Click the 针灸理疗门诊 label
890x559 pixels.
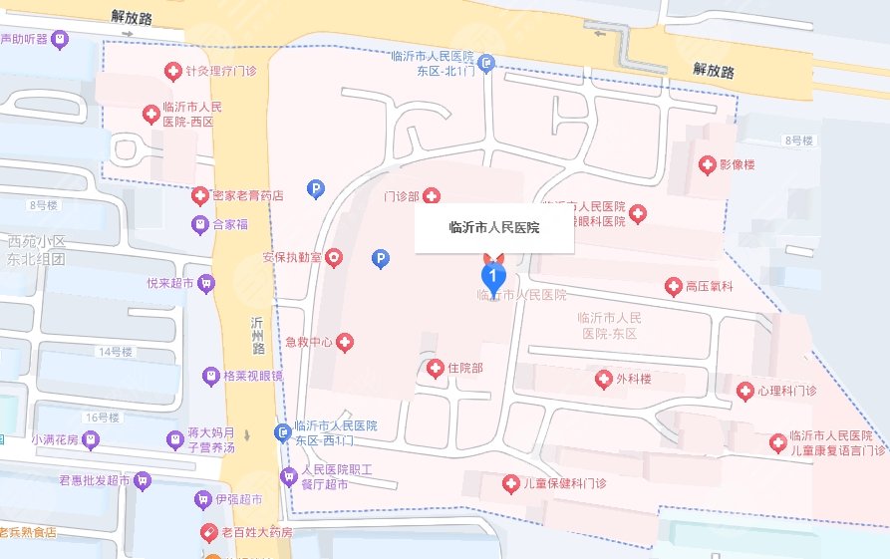click(x=220, y=71)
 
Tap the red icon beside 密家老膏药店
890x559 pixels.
click(x=200, y=196)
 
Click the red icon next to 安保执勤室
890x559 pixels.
click(x=333, y=258)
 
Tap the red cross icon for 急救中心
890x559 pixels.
click(x=346, y=343)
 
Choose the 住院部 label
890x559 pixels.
click(x=465, y=369)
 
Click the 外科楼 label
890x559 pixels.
click(x=633, y=379)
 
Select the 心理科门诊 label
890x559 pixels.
click(x=787, y=391)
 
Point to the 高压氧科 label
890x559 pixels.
click(x=710, y=287)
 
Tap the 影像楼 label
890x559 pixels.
click(x=739, y=164)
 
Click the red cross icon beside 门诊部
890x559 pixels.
click(x=433, y=196)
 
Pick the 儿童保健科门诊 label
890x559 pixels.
click(x=565, y=483)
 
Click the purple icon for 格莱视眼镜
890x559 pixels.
click(x=210, y=377)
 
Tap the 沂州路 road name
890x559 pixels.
click(x=258, y=338)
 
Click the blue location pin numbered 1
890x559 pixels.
click(x=492, y=275)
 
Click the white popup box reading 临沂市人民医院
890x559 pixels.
click(x=493, y=228)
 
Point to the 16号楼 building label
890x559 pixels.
click(x=102, y=417)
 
